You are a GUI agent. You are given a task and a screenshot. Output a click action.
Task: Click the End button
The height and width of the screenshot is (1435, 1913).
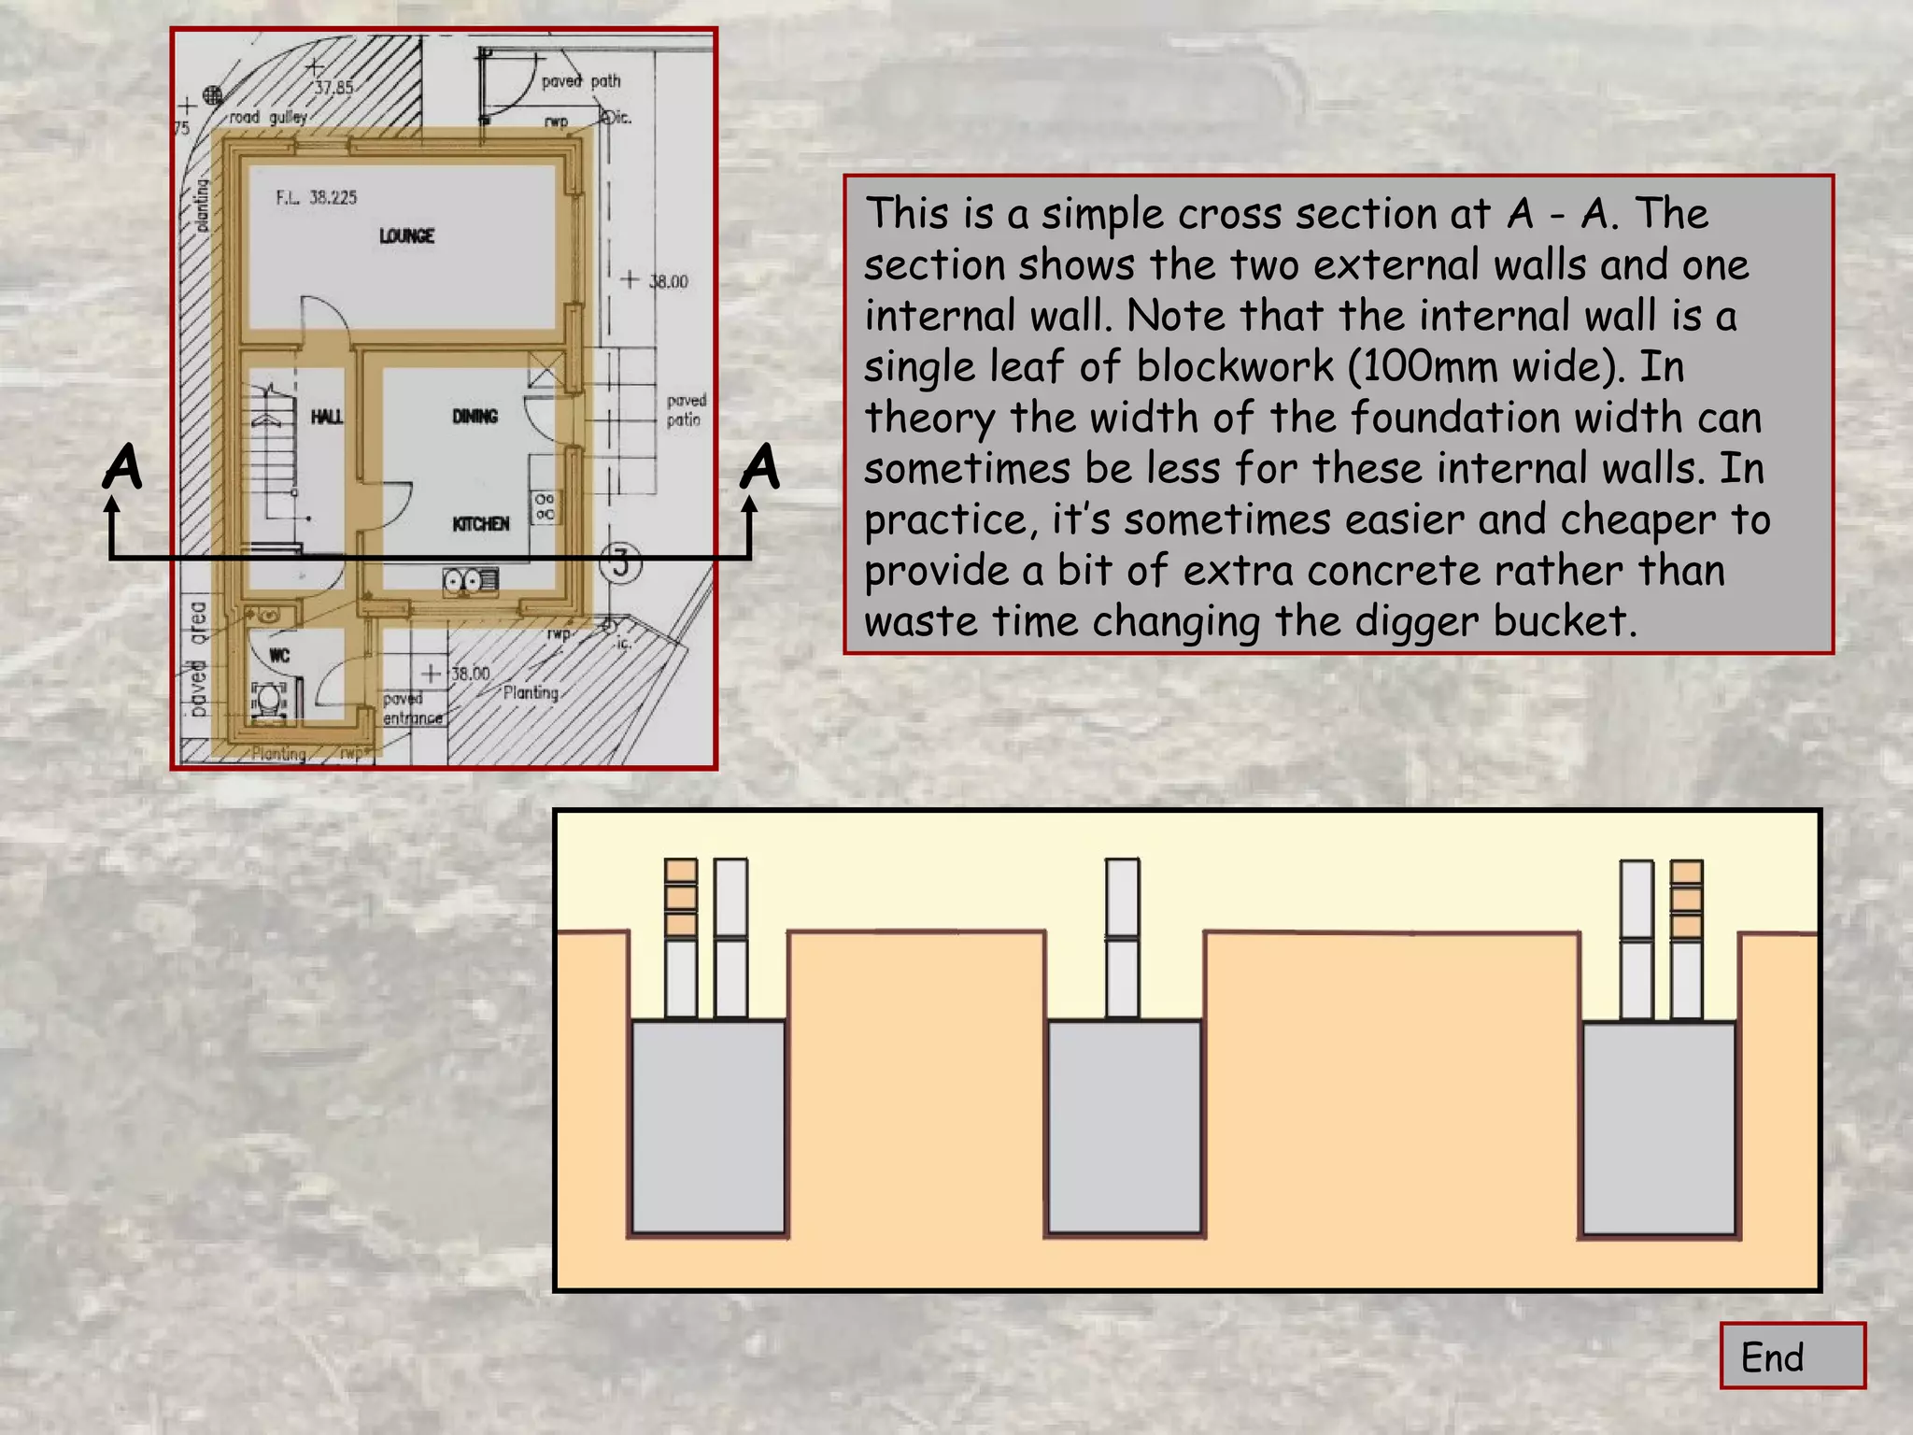(1792, 1356)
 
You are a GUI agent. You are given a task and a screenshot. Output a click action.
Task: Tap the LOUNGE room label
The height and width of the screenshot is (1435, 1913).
(406, 235)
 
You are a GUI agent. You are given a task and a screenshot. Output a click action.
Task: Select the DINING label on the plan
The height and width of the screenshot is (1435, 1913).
(475, 416)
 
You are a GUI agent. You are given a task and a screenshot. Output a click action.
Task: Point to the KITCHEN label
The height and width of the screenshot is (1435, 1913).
(481, 523)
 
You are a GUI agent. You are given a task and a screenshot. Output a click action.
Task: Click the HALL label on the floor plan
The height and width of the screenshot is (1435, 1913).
(326, 416)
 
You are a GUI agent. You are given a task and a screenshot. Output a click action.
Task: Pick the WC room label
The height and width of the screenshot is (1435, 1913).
(279, 655)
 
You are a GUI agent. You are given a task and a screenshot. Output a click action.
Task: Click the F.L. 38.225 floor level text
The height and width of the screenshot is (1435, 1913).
(316, 197)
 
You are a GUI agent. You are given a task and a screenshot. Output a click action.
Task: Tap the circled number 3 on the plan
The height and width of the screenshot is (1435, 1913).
(620, 563)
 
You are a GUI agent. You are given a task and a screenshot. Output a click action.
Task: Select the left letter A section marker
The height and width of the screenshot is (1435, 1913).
(122, 466)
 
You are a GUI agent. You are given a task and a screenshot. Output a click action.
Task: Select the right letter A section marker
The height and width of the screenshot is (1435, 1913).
(760, 466)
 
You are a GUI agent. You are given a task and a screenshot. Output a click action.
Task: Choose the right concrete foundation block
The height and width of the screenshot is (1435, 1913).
(1659, 1129)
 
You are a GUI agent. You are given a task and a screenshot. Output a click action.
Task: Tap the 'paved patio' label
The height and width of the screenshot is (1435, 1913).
(686, 410)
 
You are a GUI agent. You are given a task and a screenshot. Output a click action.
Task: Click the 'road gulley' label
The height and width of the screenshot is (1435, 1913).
(268, 117)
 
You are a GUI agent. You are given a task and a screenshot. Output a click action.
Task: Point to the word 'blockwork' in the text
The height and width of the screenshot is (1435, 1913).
(1235, 366)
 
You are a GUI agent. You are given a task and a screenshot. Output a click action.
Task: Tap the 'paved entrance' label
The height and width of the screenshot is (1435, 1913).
(412, 708)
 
